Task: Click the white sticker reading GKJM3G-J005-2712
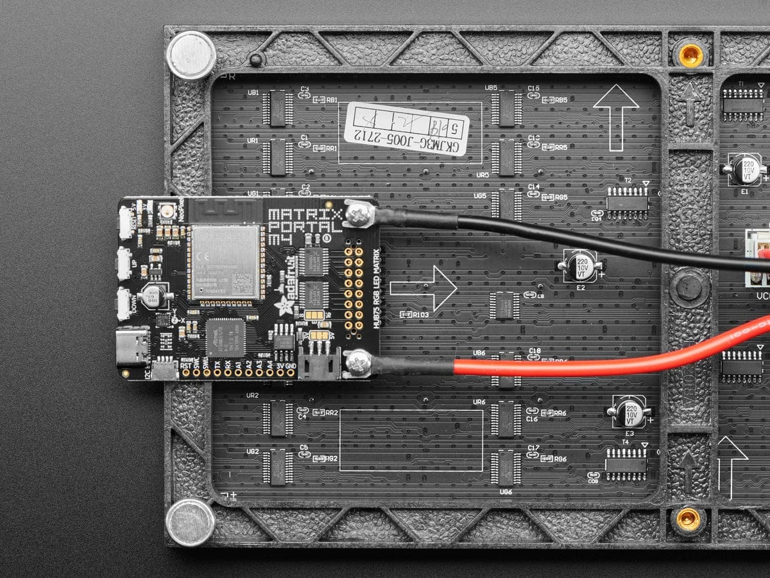(x=406, y=129)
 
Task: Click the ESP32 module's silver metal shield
(x=225, y=261)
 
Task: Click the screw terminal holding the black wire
(x=359, y=214)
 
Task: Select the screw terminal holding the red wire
(x=358, y=363)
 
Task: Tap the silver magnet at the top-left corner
(x=191, y=55)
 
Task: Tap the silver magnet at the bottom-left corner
(x=191, y=521)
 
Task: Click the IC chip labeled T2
(x=627, y=200)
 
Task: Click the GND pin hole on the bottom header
(x=290, y=372)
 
